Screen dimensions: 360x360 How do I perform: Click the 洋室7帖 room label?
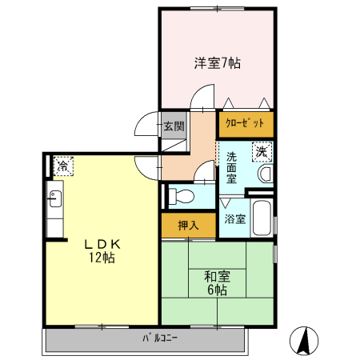[x=217, y=62]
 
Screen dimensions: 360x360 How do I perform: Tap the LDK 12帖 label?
[x=102, y=251]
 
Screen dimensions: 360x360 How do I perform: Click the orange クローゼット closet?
[x=245, y=125]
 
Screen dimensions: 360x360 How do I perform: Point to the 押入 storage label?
[x=188, y=226]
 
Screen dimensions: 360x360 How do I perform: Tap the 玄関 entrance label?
[x=174, y=126]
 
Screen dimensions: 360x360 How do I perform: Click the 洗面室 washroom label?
[x=231, y=168]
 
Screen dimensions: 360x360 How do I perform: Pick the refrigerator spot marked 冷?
[x=62, y=166]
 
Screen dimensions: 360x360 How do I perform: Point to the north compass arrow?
[x=304, y=342]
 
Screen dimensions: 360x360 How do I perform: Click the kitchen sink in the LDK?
[x=55, y=198]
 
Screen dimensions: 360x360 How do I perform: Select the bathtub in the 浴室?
[x=262, y=218]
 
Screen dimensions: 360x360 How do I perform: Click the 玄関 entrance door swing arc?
[x=146, y=123]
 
